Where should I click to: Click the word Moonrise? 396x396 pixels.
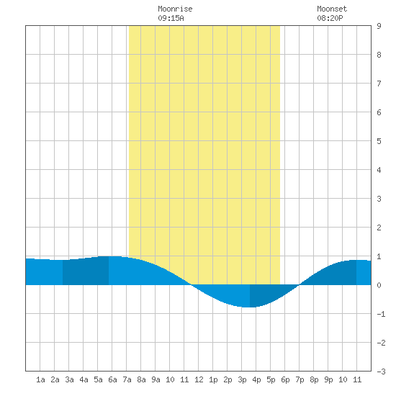[x=175, y=9]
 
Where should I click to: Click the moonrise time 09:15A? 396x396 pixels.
[x=171, y=18]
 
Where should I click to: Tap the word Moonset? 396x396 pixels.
[x=332, y=9]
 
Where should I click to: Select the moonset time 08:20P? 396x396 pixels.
[x=330, y=18]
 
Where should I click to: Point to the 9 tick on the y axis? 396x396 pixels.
[x=379, y=26]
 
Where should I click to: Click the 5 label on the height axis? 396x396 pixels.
[x=379, y=141]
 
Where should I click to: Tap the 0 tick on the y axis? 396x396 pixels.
[x=379, y=285]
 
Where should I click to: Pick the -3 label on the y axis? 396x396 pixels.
[x=381, y=372]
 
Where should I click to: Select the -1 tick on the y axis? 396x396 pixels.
[x=381, y=314]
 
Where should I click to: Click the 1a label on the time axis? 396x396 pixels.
[x=40, y=379]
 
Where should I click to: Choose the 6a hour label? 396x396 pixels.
[x=112, y=379]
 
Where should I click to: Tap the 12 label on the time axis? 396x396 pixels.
[x=199, y=379]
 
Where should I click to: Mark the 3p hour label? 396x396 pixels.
[x=242, y=379]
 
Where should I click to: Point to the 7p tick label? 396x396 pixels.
[x=300, y=379]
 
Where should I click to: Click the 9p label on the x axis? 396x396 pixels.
[x=328, y=379]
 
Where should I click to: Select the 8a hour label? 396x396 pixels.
[x=141, y=379]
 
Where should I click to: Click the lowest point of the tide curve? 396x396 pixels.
[x=249, y=307]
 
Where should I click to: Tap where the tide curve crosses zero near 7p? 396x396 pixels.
[x=300, y=285]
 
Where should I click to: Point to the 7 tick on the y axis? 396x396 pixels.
[x=379, y=84]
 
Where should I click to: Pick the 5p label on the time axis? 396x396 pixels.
[x=271, y=379]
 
